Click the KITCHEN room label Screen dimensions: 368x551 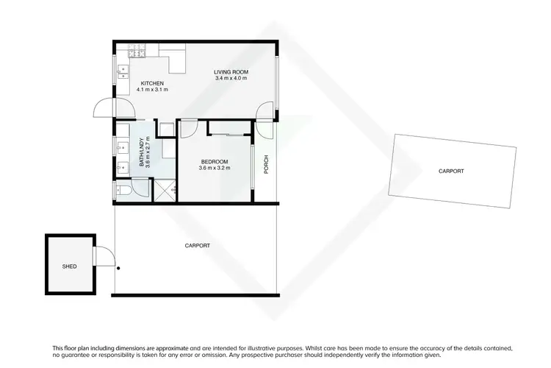click(152, 83)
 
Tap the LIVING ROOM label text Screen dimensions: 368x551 click(231, 71)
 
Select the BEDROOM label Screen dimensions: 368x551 click(214, 161)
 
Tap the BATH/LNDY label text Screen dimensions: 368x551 click(143, 153)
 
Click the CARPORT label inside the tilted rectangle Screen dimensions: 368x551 click(451, 171)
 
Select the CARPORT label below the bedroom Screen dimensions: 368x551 click(197, 246)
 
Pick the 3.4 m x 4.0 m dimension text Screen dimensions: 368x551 click(231, 78)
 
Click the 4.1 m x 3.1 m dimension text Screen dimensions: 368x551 click(152, 90)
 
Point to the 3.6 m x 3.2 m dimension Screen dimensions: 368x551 click(214, 168)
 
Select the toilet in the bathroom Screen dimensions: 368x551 click(125, 191)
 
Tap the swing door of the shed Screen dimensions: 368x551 click(104, 256)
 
